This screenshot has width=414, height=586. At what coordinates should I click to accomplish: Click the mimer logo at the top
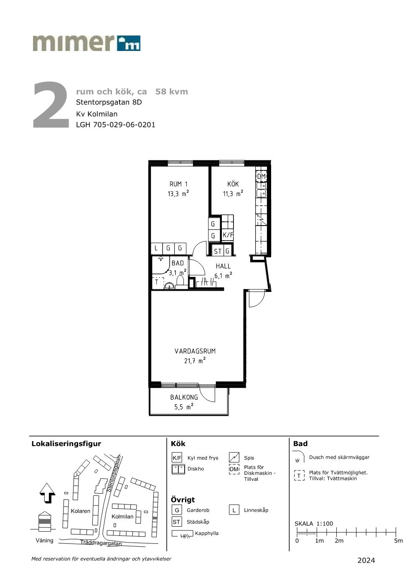[x=86, y=43]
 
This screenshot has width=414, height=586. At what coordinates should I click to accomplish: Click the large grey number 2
[x=51, y=105]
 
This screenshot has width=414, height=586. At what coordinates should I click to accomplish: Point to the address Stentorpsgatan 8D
[x=109, y=102]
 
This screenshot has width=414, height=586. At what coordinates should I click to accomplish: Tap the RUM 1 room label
[x=178, y=184]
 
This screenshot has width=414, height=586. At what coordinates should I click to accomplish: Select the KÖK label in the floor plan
[x=233, y=184]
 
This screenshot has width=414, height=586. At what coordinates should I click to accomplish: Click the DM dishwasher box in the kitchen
[x=261, y=176]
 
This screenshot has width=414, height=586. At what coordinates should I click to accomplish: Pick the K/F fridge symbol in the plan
[x=228, y=235]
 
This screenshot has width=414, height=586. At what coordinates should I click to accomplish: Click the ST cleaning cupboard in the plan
[x=218, y=251]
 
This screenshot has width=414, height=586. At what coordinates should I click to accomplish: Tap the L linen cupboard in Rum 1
[x=156, y=248]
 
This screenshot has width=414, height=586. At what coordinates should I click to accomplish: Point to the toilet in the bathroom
[x=180, y=282]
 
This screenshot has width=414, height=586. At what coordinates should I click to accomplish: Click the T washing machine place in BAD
[x=157, y=282]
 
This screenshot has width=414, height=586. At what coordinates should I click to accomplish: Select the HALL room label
[x=223, y=266]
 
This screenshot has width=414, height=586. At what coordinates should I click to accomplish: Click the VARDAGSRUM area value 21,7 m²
[x=195, y=361]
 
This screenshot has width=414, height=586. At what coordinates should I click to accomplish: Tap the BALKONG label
[x=184, y=397]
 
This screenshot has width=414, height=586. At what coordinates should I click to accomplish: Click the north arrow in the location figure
[x=47, y=493]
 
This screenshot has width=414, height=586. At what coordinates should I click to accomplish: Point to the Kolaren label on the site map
[x=80, y=511]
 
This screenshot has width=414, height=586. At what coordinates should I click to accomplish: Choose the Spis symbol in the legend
[x=234, y=457]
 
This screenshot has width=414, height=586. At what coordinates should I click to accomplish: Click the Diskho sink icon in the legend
[x=178, y=469]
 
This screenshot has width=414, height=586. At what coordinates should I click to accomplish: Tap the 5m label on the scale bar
[x=398, y=540]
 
